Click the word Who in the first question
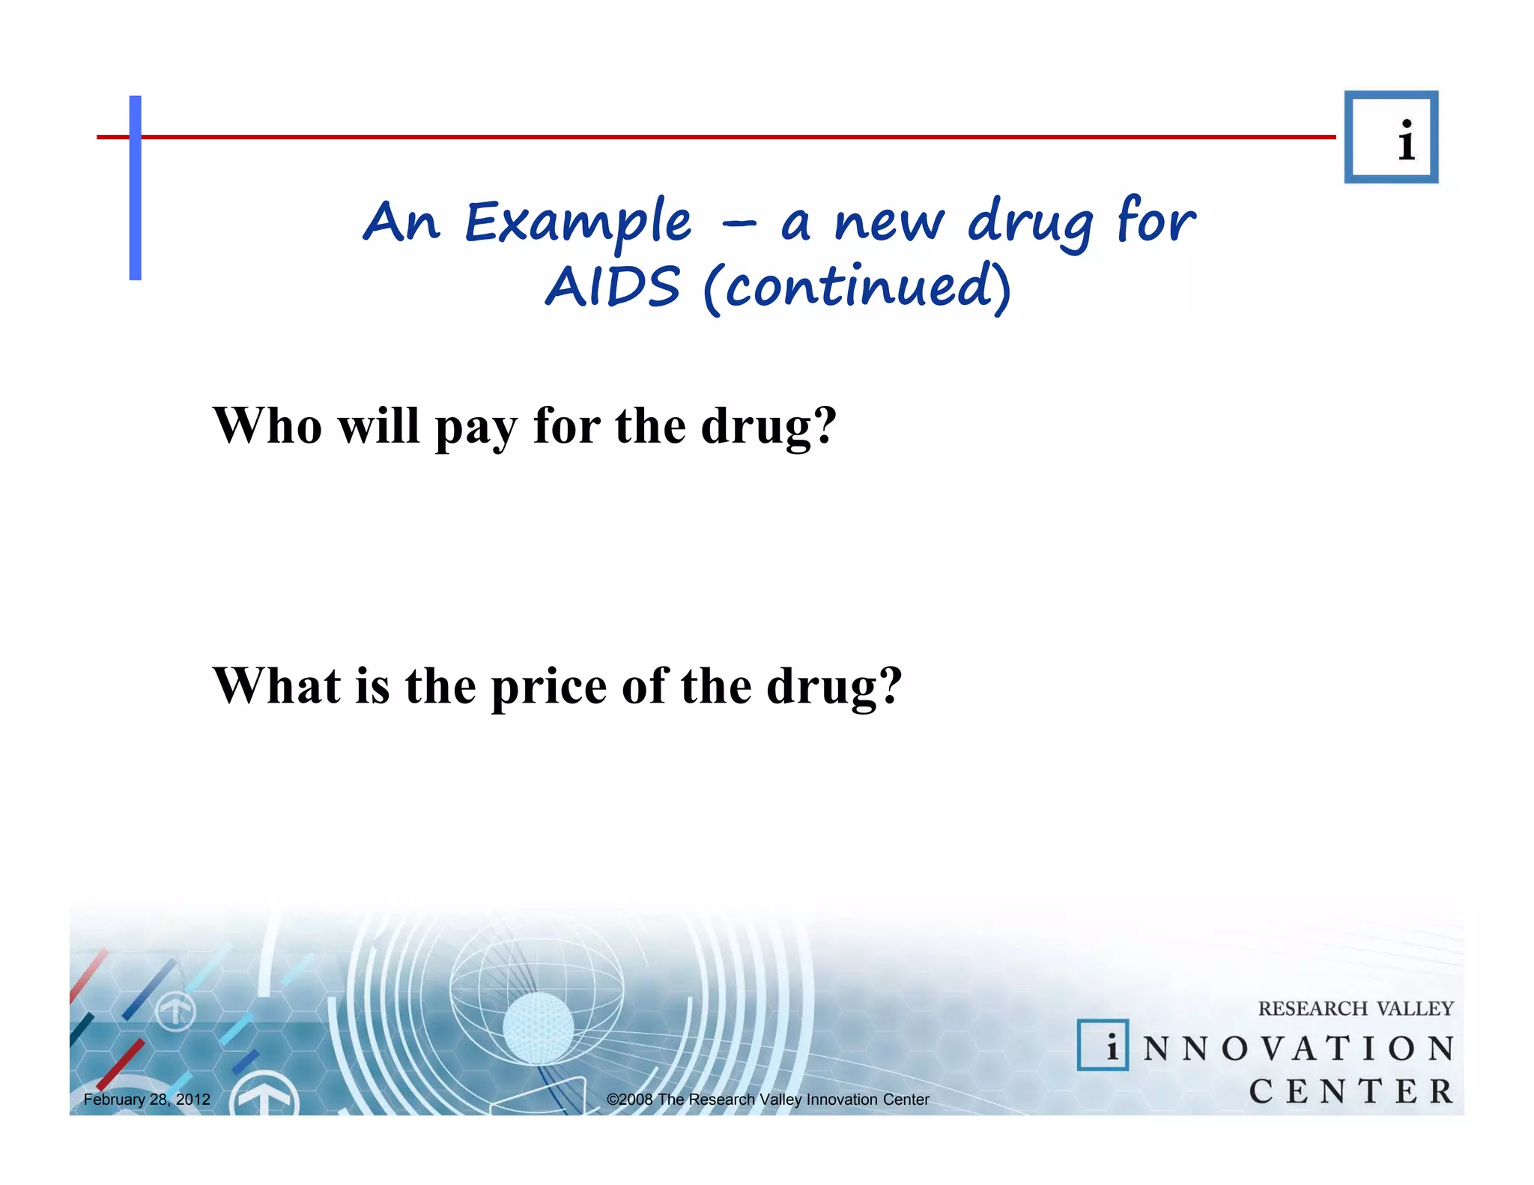coord(267,425)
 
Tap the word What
coord(276,685)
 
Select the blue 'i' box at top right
coord(1391,137)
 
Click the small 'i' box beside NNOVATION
coord(1103,1045)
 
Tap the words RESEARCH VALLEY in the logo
coord(1355,1008)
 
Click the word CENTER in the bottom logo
coord(1350,1091)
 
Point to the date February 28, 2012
coord(147,1100)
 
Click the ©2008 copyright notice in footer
coord(768,1100)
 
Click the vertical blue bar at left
coord(136,187)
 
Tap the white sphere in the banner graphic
coord(538,1027)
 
